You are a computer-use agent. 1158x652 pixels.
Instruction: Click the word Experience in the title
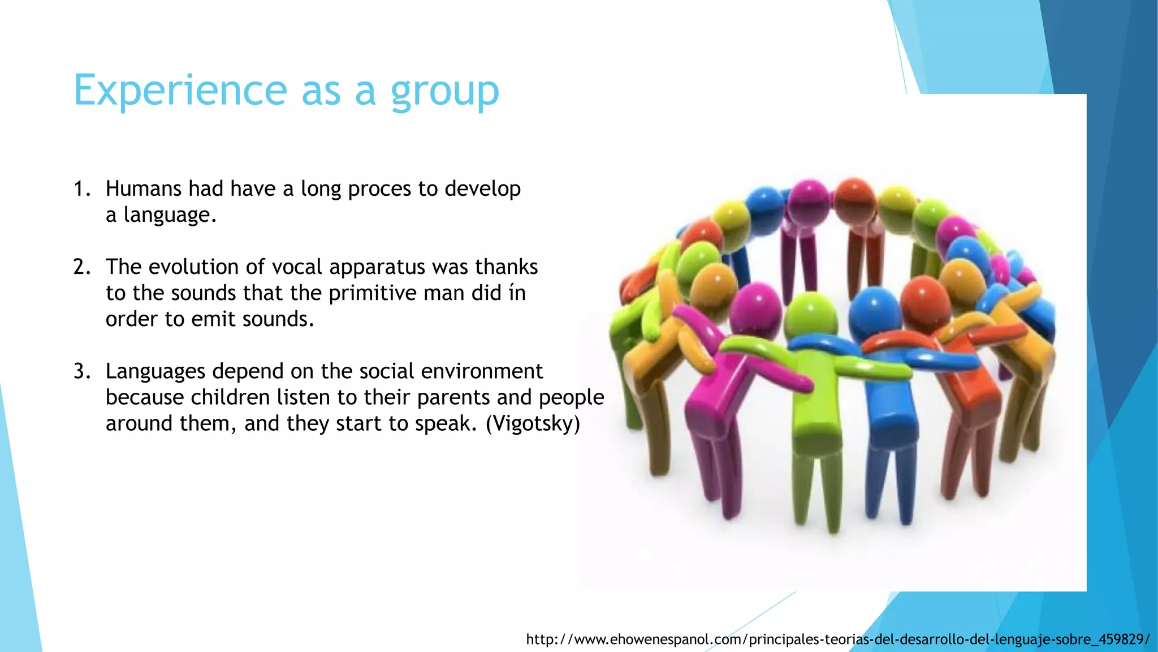180,91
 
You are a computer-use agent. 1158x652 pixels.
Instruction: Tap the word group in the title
445,92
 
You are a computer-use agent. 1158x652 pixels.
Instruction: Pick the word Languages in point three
155,372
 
